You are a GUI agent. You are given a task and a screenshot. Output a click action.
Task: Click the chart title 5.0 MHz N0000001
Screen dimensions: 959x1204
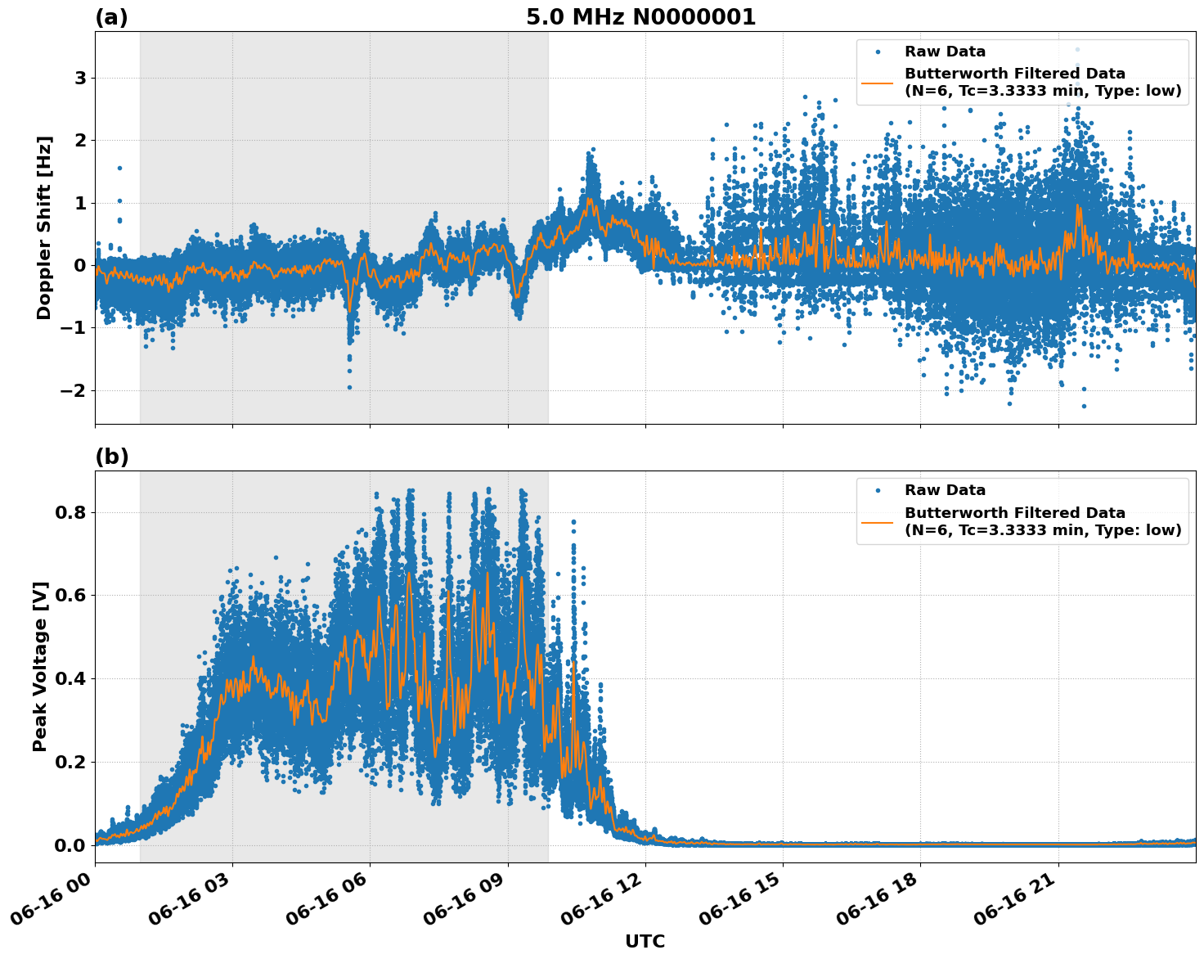point(640,17)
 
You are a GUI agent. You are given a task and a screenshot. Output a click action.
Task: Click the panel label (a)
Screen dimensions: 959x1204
point(111,17)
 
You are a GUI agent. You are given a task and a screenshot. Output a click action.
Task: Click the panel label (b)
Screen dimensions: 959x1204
point(112,457)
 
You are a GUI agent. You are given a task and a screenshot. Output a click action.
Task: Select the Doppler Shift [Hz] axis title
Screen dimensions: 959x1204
point(44,227)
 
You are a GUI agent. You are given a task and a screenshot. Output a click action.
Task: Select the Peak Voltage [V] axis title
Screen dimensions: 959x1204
point(40,666)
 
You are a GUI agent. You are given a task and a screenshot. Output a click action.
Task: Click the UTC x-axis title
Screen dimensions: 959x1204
point(645,941)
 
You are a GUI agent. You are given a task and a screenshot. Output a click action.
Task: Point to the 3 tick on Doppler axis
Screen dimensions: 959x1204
point(80,79)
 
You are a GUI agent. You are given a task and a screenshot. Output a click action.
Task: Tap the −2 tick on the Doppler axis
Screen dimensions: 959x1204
point(74,390)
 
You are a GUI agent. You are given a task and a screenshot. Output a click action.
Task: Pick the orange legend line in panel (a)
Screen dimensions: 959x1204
point(877,83)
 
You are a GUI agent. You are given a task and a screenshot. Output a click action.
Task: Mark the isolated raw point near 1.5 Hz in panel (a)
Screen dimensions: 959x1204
point(119,168)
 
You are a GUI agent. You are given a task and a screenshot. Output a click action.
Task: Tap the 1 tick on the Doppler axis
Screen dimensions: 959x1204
point(80,203)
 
